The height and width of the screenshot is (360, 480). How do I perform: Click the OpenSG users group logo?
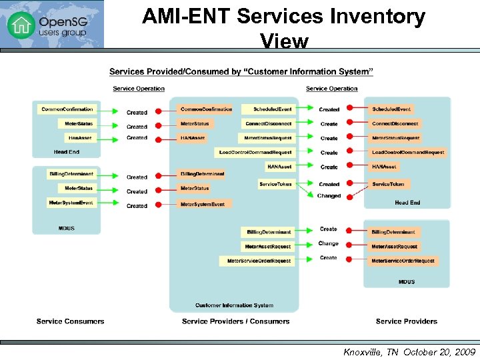click(51, 24)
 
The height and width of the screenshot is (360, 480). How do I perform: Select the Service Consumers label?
click(71, 321)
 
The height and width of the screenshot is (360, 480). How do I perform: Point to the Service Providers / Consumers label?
click(235, 321)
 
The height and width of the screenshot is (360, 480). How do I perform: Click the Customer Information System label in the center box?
click(234, 305)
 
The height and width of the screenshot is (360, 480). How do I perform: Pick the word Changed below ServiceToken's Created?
click(329, 196)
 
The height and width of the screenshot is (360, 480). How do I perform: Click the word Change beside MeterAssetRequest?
click(328, 243)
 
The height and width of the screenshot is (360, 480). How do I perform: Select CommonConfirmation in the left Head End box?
click(67, 109)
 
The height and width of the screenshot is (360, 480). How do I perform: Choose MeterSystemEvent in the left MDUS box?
click(71, 203)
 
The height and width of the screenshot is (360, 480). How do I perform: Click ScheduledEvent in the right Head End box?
click(391, 109)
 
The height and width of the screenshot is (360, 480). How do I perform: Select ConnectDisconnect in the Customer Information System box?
click(268, 123)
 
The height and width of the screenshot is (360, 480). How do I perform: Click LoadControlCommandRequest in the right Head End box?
click(407, 152)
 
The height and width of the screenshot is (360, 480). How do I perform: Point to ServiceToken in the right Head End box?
click(388, 184)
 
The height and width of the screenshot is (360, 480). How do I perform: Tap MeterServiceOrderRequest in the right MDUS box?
click(403, 261)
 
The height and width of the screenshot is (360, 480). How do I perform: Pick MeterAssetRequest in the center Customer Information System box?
click(267, 247)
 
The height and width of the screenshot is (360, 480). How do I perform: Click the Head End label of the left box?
click(67, 152)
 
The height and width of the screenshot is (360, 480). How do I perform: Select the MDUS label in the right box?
click(407, 282)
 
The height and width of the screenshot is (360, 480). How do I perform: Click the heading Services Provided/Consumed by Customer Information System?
click(241, 71)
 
